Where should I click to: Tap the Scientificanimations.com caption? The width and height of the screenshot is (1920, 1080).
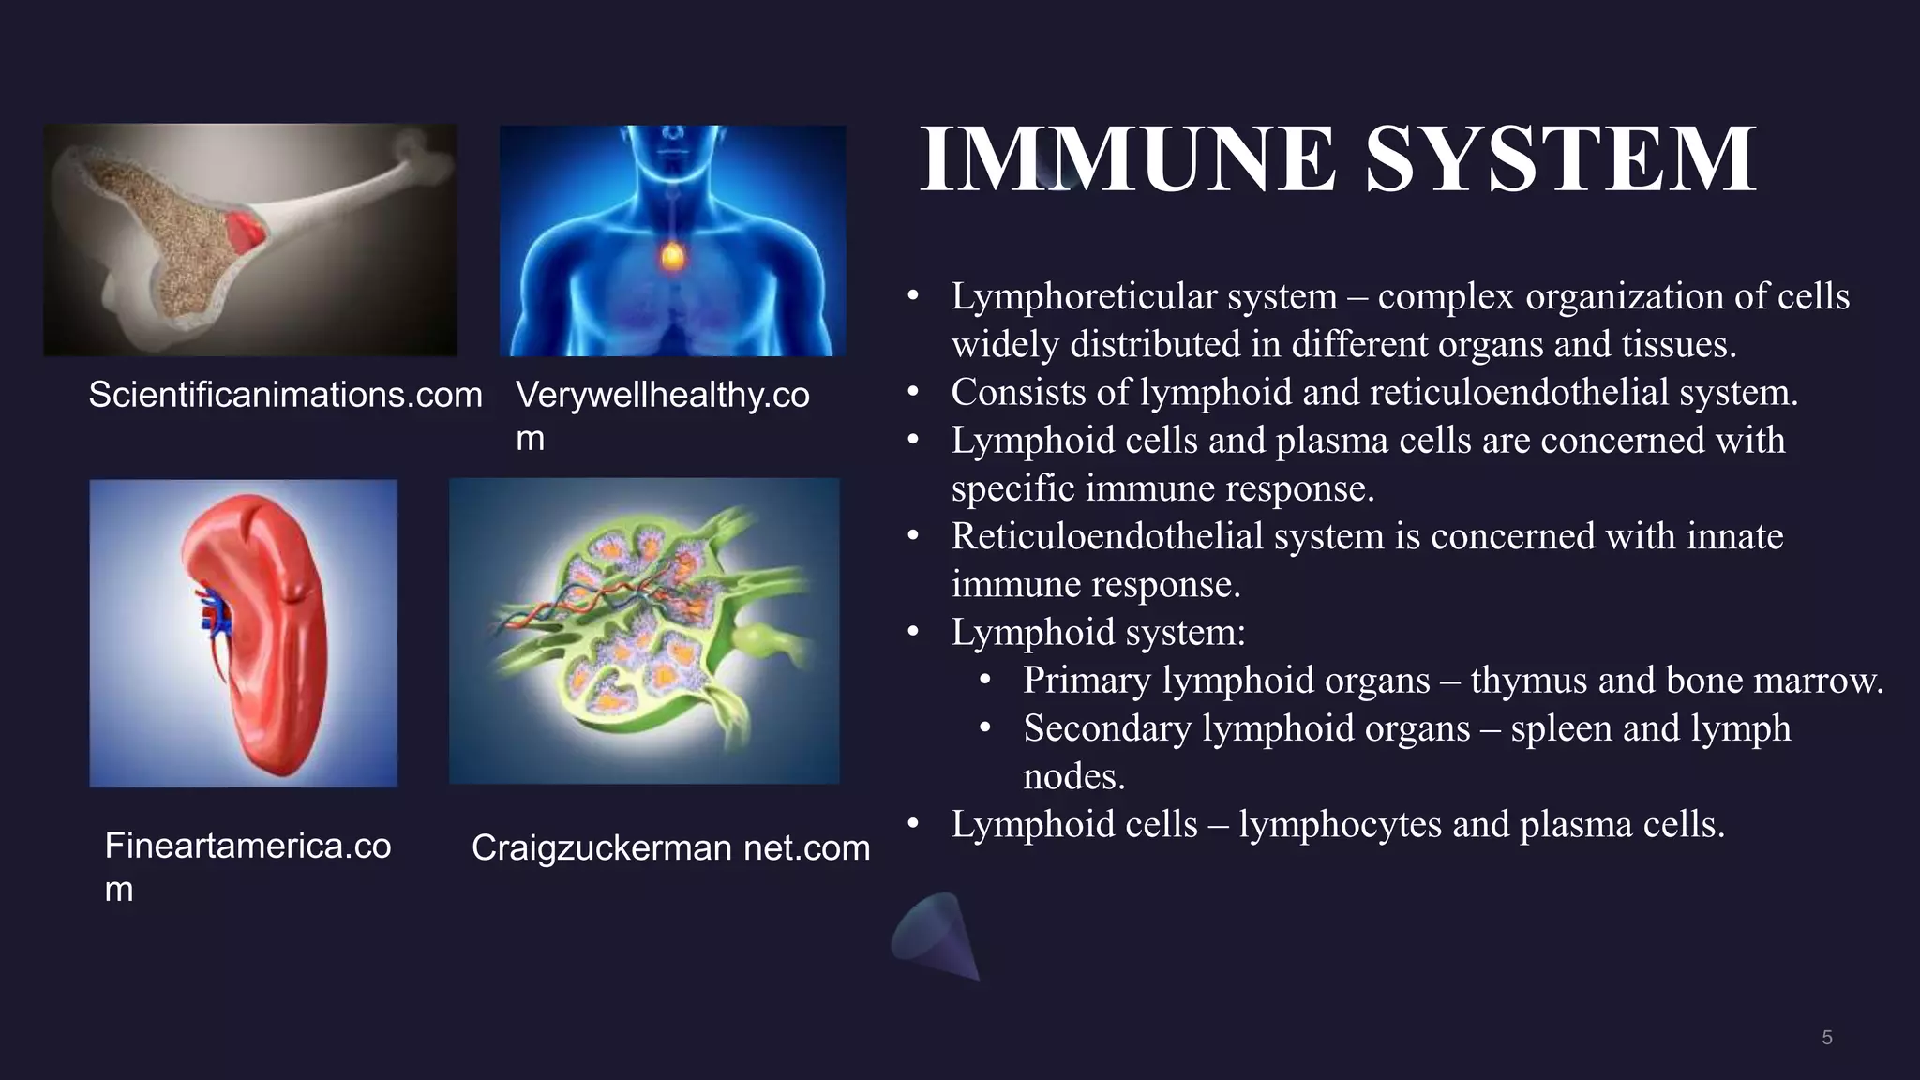pyautogui.click(x=285, y=395)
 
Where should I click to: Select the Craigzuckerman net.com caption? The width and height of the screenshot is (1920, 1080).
pyautogui.click(x=670, y=847)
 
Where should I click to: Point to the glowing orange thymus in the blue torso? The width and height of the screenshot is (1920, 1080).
pyautogui.click(x=670, y=255)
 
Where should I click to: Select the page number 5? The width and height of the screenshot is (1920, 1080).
pyautogui.click(x=1826, y=1038)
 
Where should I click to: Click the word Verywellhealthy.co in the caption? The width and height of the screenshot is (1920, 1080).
pyautogui.click(x=662, y=395)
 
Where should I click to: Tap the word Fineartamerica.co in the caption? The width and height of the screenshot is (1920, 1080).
pyautogui.click(x=247, y=846)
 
